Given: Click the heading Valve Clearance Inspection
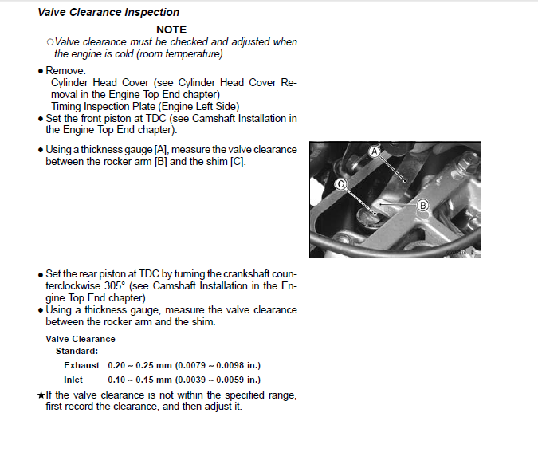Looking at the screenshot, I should pos(108,12).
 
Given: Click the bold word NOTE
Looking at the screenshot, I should pos(171,29).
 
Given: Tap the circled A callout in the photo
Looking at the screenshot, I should pos(373,151).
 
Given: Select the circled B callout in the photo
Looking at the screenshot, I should pos(423,205).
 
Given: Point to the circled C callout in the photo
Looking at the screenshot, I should pos(340,183).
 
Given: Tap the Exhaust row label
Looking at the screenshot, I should pos(82,365).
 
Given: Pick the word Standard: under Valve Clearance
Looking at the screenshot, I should pos(77,351).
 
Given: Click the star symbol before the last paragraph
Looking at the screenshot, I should pos(41,395).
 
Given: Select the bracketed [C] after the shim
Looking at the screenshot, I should pos(238,162).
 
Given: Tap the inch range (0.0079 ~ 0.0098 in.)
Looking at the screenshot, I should pos(219,365).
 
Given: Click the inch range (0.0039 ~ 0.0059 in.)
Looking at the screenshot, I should pos(219,380).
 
